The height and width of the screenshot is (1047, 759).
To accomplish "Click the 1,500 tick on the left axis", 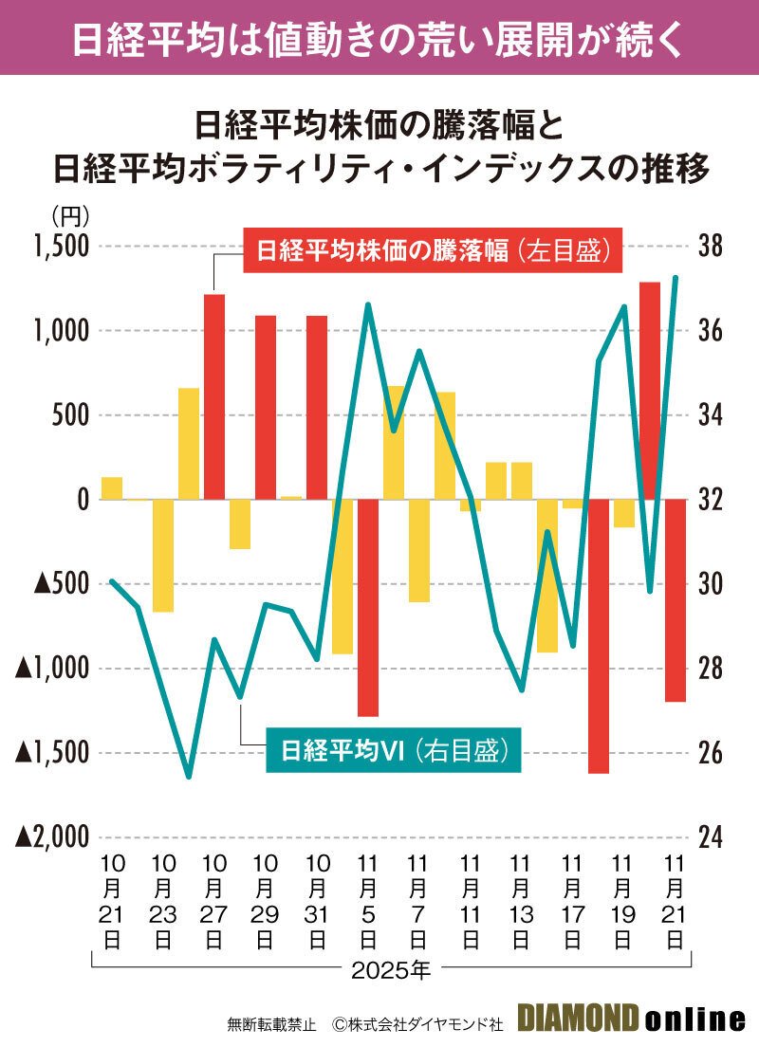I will pos(59,248).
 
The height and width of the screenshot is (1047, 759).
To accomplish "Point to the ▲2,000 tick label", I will pos(51,836).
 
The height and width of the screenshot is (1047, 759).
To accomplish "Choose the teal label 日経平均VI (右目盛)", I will pos(391,749).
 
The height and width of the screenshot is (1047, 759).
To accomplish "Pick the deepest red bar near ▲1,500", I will pos(598,635).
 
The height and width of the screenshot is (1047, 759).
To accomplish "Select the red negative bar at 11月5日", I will pos(368,607).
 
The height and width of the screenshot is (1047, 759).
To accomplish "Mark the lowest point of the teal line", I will pos(188,777).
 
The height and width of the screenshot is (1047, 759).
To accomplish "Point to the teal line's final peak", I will pos(676,278).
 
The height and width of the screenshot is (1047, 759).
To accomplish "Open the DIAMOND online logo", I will pos(631,1020).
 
